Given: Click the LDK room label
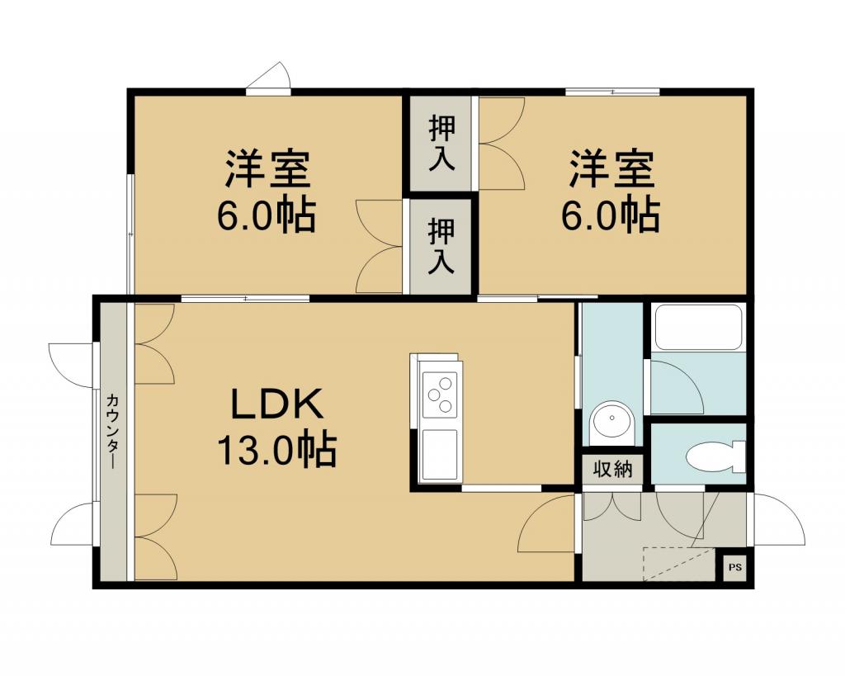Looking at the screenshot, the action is point(277,404).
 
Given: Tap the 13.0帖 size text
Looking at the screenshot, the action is point(276,448).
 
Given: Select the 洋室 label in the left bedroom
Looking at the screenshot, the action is point(267,170).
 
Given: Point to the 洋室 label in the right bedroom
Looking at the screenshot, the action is point(611,170).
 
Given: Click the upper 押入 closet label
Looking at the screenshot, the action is point(441,143).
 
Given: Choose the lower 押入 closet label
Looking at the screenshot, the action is point(441,246).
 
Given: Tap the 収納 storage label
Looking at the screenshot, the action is point(612,470).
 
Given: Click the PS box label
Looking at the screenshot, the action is point(735,567).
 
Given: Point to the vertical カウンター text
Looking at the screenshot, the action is point(112,431).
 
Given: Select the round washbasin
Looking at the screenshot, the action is point(612,423).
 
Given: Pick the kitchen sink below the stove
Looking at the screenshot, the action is point(439,455).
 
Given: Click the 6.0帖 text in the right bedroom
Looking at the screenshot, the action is point(611,215).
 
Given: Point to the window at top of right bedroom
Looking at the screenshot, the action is point(613,92).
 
